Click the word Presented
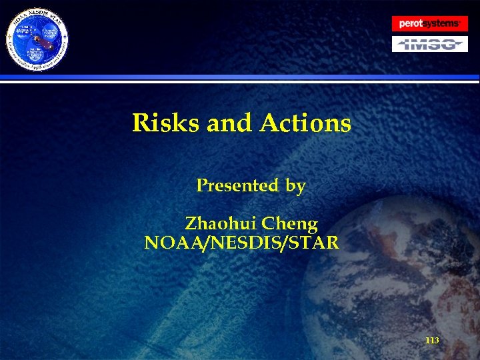pyautogui.click(x=237, y=186)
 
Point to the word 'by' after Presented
pyautogui.click(x=295, y=187)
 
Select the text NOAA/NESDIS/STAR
pyautogui.click(x=241, y=242)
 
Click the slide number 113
pyautogui.click(x=432, y=341)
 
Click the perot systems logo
pyautogui.click(x=429, y=23)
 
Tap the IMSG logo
pyautogui.click(x=429, y=44)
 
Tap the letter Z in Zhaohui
pyautogui.click(x=191, y=223)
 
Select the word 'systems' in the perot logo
pyautogui.click(x=442, y=23)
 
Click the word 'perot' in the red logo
pyautogui.click(x=411, y=24)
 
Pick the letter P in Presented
pyautogui.click(x=201, y=186)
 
